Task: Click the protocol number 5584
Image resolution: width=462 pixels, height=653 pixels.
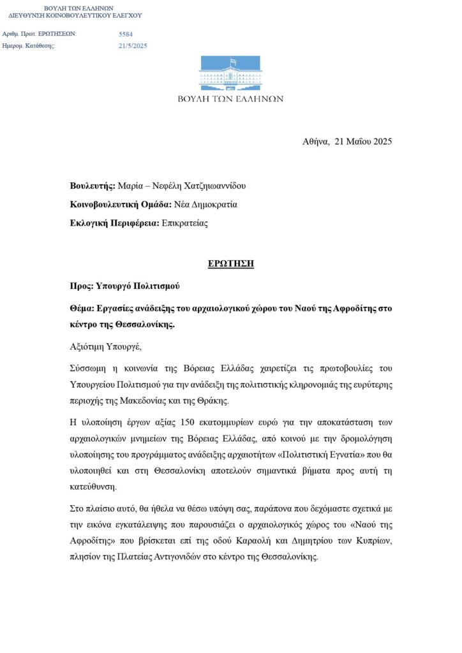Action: tap(126, 34)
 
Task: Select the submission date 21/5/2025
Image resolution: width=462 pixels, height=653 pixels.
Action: tap(133, 46)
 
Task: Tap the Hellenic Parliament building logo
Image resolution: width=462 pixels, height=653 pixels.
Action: tap(230, 73)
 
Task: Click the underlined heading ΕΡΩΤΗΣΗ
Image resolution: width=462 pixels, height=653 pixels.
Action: tap(230, 264)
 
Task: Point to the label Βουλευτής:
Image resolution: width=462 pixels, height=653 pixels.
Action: tap(93, 186)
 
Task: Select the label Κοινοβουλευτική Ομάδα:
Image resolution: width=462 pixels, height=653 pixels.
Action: tap(121, 205)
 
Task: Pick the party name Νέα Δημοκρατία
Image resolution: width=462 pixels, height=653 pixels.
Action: tap(205, 205)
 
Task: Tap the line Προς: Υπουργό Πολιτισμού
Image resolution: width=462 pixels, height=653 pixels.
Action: tap(124, 286)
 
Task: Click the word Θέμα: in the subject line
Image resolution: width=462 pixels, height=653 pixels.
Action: tap(82, 308)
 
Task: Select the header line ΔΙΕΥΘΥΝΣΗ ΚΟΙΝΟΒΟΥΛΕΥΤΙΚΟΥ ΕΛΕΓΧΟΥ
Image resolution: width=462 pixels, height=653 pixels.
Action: tap(75, 15)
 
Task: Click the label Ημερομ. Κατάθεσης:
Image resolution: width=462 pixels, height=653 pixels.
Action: tap(29, 46)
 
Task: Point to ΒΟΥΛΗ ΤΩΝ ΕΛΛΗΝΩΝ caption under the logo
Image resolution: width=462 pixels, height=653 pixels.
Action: tap(230, 99)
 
